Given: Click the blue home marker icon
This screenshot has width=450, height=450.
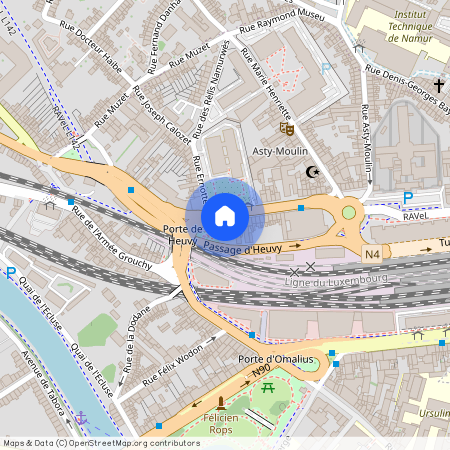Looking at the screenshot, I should click(224, 215).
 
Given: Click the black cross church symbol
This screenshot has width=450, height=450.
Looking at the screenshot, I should click(439, 86).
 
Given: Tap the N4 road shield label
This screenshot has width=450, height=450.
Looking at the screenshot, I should click(372, 255).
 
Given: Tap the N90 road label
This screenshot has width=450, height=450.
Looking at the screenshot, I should click(261, 373).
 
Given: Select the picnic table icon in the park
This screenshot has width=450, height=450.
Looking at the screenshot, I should click(268, 386).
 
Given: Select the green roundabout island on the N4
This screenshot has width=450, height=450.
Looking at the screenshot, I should click(349, 211).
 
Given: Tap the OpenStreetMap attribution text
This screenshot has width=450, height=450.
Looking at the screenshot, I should click(87, 442).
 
